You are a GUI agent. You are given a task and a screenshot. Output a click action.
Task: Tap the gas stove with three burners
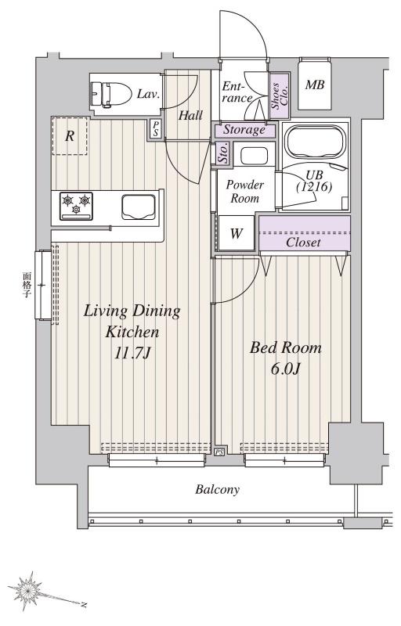tap(76, 206)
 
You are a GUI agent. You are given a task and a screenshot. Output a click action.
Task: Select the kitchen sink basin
tap(138, 207)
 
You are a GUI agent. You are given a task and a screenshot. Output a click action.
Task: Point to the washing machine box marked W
tap(236, 233)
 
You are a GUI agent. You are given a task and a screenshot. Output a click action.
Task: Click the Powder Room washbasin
tap(254, 155)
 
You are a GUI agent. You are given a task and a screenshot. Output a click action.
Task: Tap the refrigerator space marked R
tap(70, 136)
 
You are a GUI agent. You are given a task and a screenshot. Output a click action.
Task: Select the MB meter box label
tap(315, 85)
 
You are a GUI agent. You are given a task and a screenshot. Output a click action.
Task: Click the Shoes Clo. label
tap(280, 95)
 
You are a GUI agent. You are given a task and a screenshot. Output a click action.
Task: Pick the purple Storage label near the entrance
tap(244, 129)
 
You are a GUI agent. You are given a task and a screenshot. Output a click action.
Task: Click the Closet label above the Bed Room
tap(303, 242)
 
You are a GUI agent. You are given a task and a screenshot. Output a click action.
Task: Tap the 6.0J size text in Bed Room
tap(286, 369)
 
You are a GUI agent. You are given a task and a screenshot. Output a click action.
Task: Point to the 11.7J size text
tap(132, 353)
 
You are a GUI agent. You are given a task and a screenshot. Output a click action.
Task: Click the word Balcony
tap(217, 490)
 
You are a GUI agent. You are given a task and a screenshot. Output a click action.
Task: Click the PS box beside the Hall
tap(155, 128)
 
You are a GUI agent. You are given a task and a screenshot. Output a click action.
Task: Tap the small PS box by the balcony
tap(219, 452)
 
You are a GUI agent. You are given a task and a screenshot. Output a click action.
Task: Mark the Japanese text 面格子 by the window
tap(27, 286)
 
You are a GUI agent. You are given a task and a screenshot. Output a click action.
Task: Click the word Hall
tap(190, 116)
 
